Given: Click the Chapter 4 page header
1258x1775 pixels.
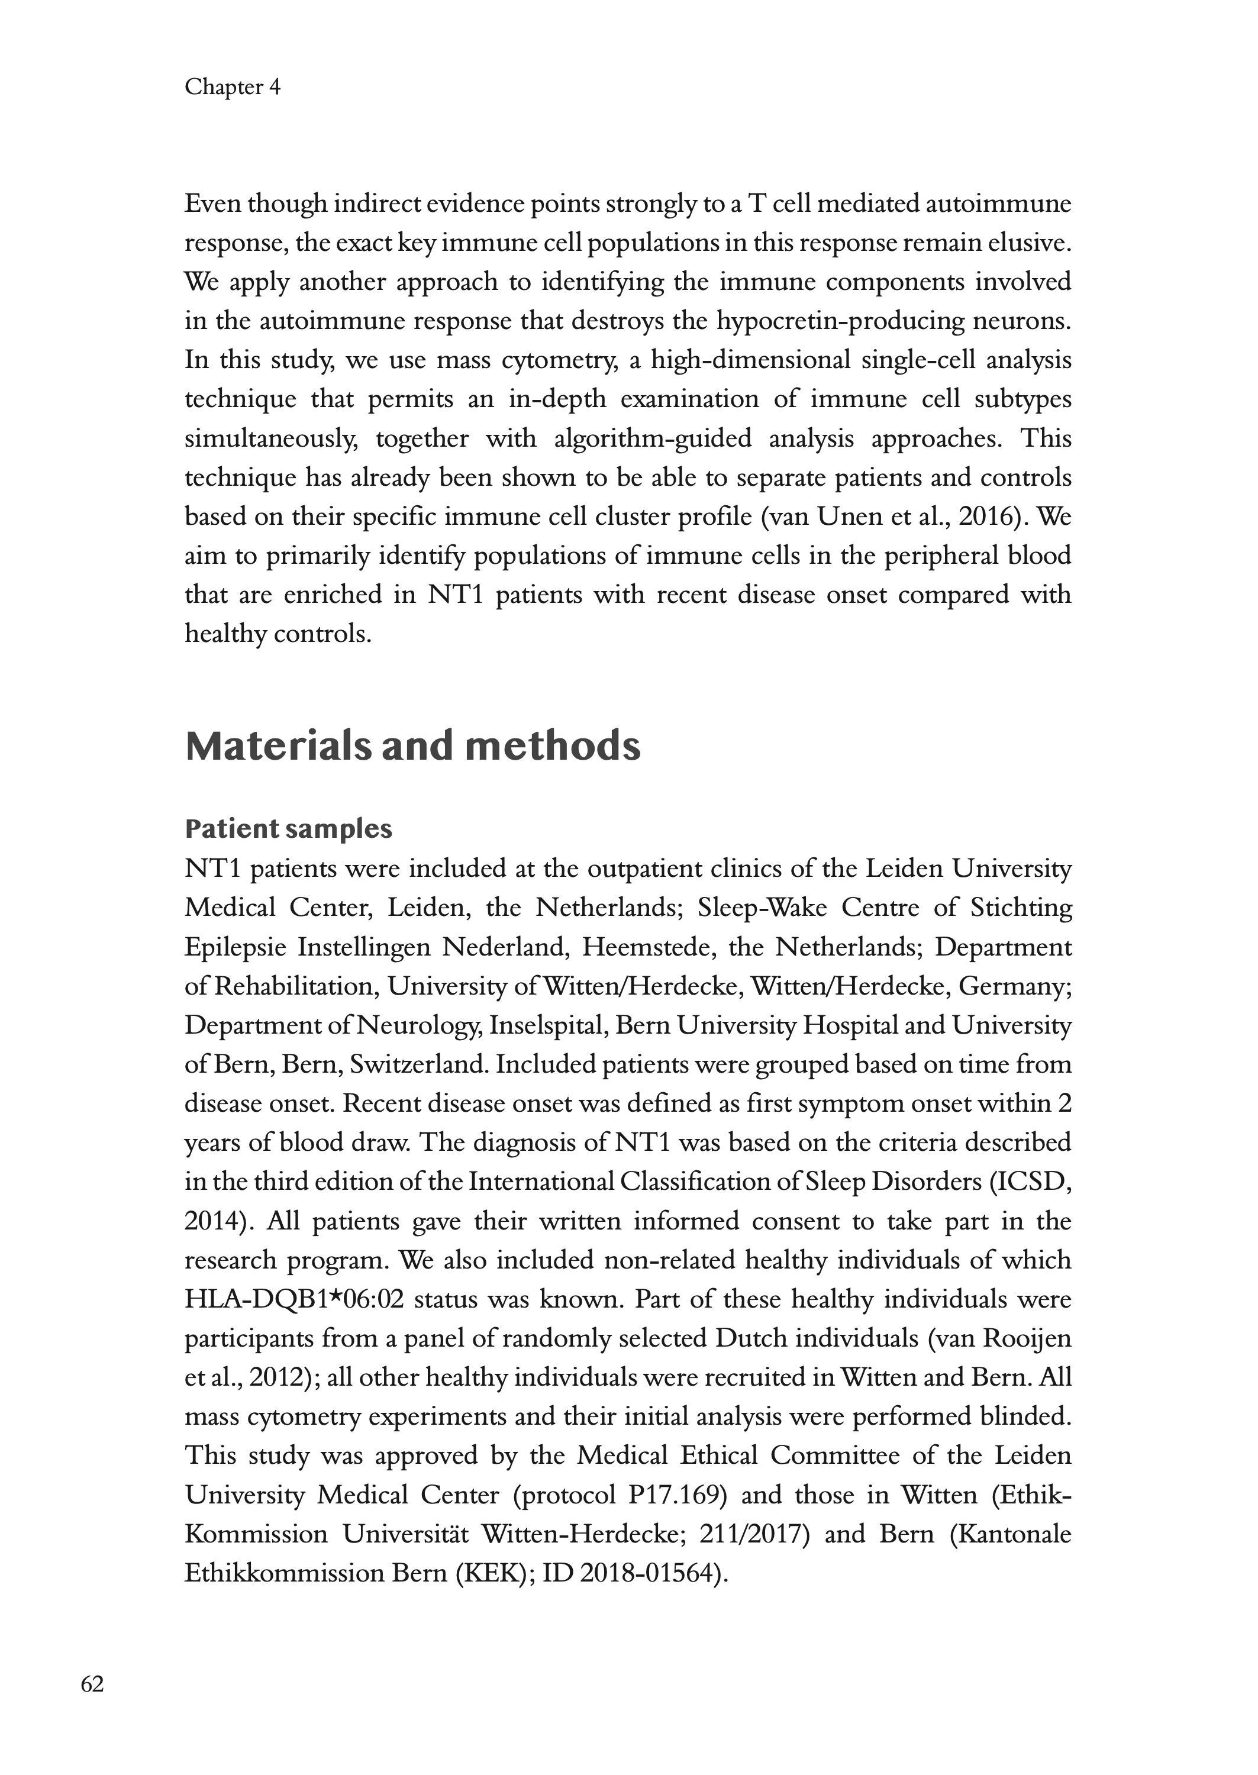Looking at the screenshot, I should pyautogui.click(x=233, y=87).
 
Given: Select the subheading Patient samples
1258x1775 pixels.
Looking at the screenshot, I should pyautogui.click(x=288, y=829).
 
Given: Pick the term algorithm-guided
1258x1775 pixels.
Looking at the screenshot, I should pyautogui.click(x=653, y=439).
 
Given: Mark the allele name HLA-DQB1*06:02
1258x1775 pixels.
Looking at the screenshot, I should pyautogui.click(x=294, y=1299).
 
